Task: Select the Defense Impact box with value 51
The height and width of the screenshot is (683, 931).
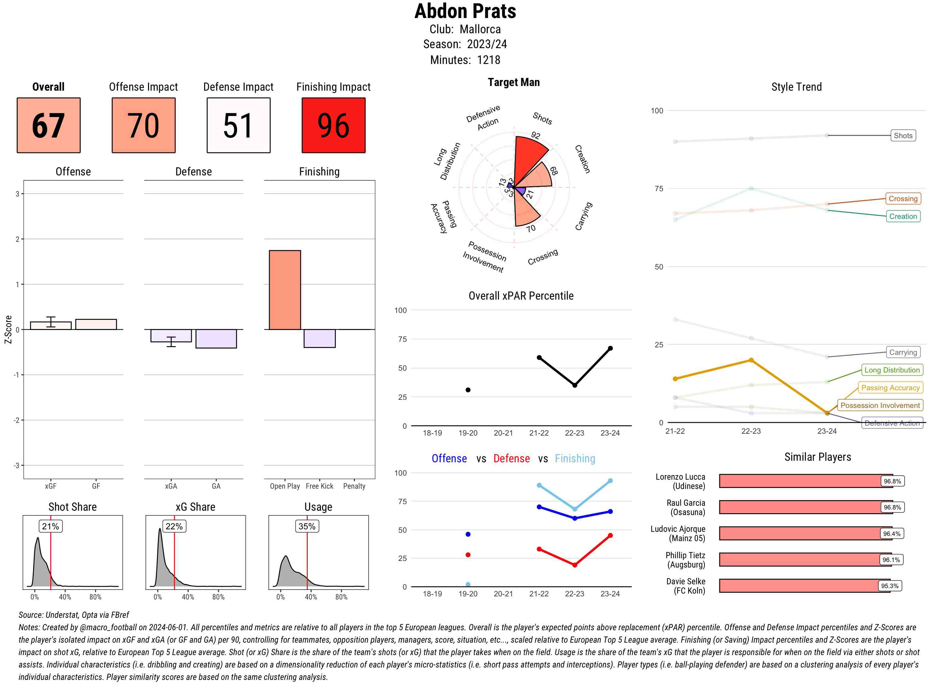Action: tap(238, 125)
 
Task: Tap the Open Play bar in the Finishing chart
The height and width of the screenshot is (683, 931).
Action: tap(285, 290)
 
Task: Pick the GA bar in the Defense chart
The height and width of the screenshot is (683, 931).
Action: tap(216, 339)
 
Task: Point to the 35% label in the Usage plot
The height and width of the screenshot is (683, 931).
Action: tap(307, 526)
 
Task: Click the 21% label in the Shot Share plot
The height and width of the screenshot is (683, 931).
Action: tap(50, 526)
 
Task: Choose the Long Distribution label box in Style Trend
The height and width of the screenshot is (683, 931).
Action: tap(892, 370)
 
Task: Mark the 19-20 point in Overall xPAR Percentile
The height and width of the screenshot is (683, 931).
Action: tap(468, 390)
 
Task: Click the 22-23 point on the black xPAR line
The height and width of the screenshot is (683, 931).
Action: tap(574, 385)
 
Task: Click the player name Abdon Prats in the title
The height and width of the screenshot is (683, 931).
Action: tap(465, 11)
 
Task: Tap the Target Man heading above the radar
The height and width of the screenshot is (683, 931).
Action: tap(514, 82)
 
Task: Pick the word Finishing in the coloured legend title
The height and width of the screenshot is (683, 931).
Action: tap(575, 459)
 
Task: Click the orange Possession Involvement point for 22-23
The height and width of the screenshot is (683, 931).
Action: tap(751, 360)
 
